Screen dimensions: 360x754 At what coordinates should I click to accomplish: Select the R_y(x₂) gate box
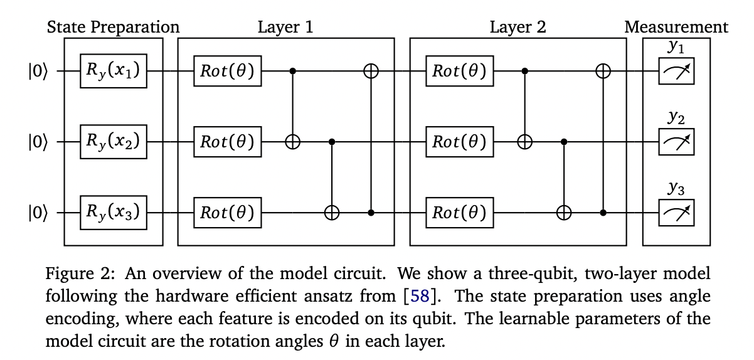click(114, 142)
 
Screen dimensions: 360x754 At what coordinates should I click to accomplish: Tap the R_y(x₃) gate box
click(114, 213)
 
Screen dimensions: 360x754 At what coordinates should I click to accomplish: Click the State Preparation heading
click(114, 27)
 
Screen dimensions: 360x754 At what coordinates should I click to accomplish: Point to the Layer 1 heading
click(285, 27)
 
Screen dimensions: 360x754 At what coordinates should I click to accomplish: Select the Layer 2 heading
click(518, 27)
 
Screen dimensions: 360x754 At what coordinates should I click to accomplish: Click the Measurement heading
click(676, 27)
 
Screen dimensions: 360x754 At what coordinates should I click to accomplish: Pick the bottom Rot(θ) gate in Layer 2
click(460, 213)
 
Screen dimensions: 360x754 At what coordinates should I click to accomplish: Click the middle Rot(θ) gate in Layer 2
click(460, 142)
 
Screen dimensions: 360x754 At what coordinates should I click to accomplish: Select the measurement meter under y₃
click(676, 213)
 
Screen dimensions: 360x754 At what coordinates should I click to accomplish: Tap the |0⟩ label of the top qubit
click(37, 71)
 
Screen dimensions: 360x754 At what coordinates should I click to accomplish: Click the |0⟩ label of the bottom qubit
click(37, 213)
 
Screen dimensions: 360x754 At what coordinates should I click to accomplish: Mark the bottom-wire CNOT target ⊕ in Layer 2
click(565, 213)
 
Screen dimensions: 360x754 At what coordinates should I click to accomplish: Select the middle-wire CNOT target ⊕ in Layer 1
click(293, 142)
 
